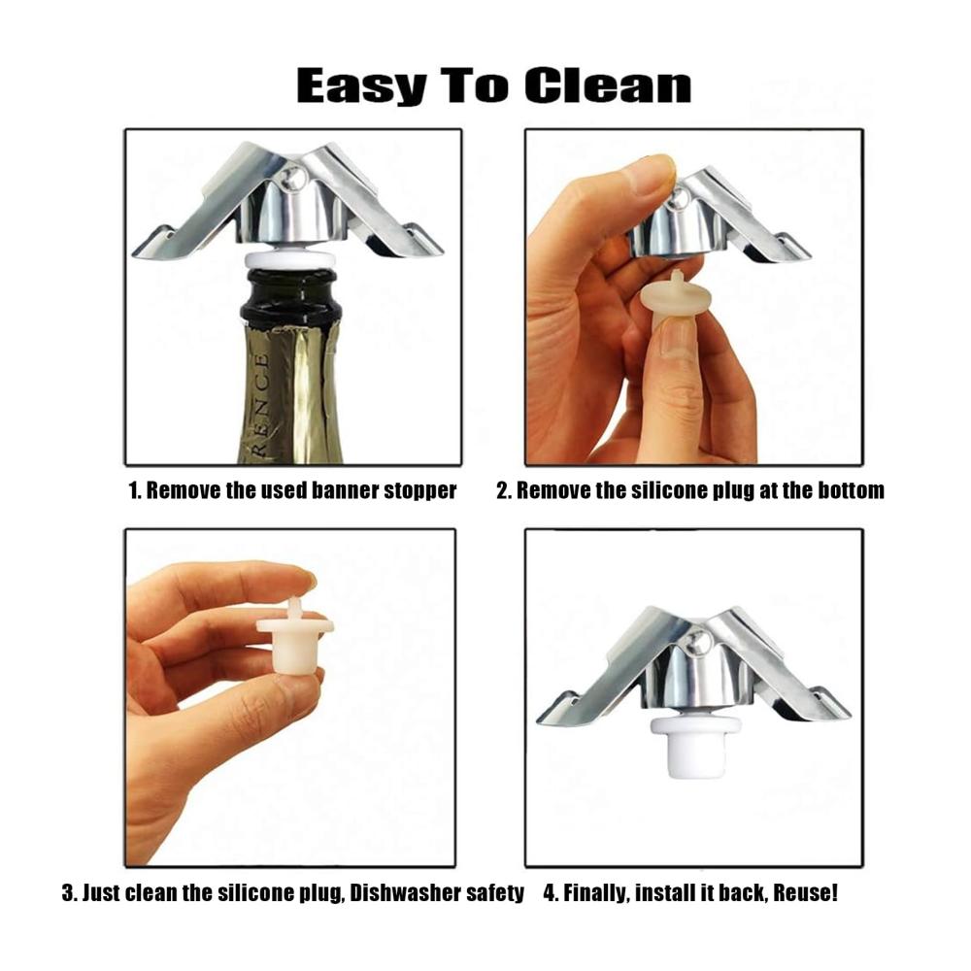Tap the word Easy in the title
click(x=361, y=86)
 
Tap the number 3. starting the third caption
click(x=69, y=893)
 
